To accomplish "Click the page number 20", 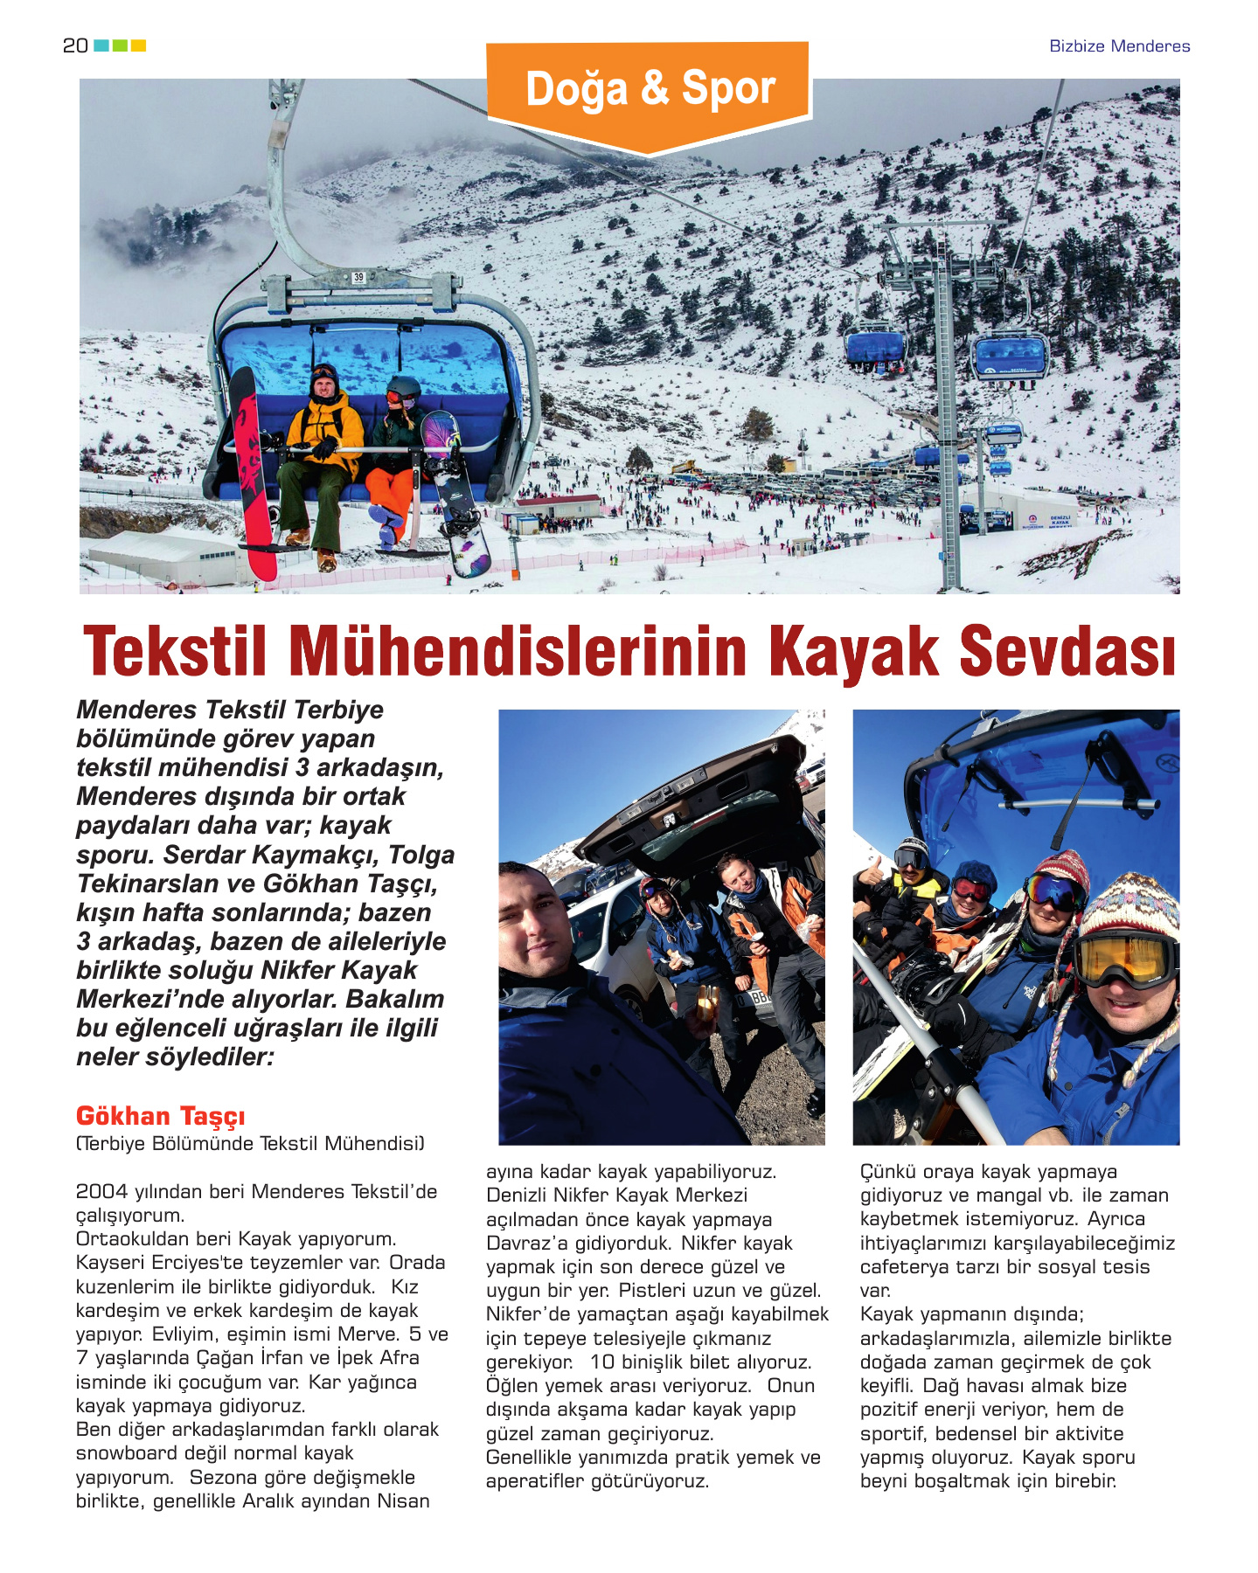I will pos(75,45).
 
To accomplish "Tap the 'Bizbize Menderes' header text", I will pos(1119,46).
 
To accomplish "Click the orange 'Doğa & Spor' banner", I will pos(650,90).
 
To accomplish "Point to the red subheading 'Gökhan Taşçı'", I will pos(160,1116).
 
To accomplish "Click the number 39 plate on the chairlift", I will pos(358,278).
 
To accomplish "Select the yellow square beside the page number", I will pos(138,45).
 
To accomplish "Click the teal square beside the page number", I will pos(101,45).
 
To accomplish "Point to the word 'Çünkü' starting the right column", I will pos(888,1172).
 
